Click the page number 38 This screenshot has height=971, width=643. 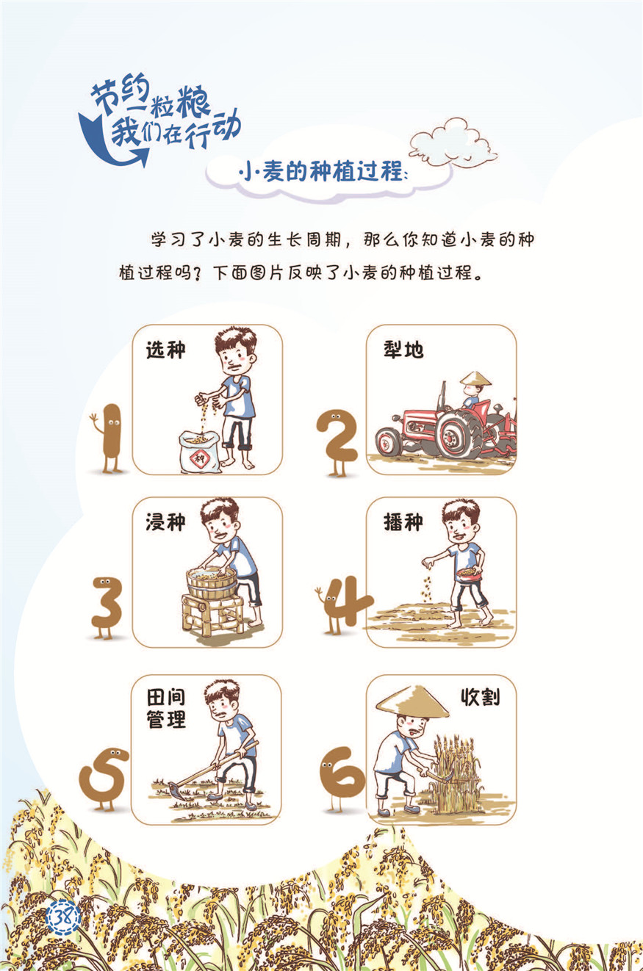pyautogui.click(x=63, y=917)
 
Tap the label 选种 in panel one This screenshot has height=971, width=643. pyautogui.click(x=165, y=350)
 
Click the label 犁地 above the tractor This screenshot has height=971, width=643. pyautogui.click(x=403, y=349)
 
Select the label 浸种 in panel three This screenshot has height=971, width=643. pyautogui.click(x=165, y=522)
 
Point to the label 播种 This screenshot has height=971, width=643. pyautogui.click(x=403, y=522)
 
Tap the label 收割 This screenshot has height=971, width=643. pyautogui.click(x=480, y=697)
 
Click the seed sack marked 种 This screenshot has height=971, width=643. pyautogui.click(x=200, y=451)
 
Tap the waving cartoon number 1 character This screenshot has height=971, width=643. pyautogui.click(x=108, y=438)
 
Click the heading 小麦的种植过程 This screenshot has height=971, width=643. pyautogui.click(x=323, y=172)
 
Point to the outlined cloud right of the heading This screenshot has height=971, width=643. pyautogui.click(x=453, y=142)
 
